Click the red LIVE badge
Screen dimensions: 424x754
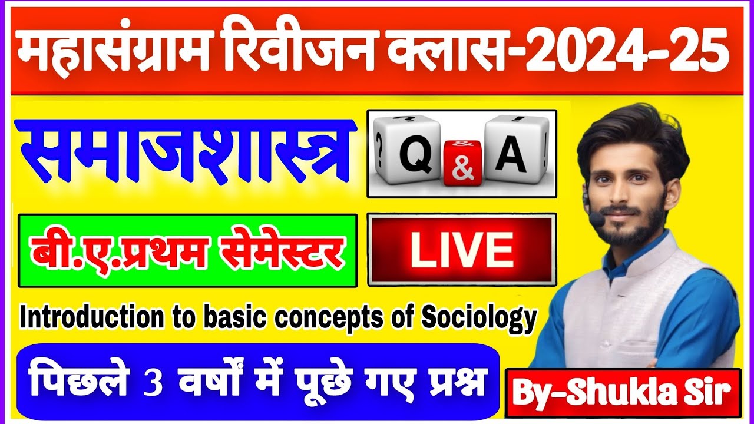[461, 250]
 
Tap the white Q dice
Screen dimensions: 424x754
[410, 151]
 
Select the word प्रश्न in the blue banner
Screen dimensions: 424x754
[459, 383]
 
